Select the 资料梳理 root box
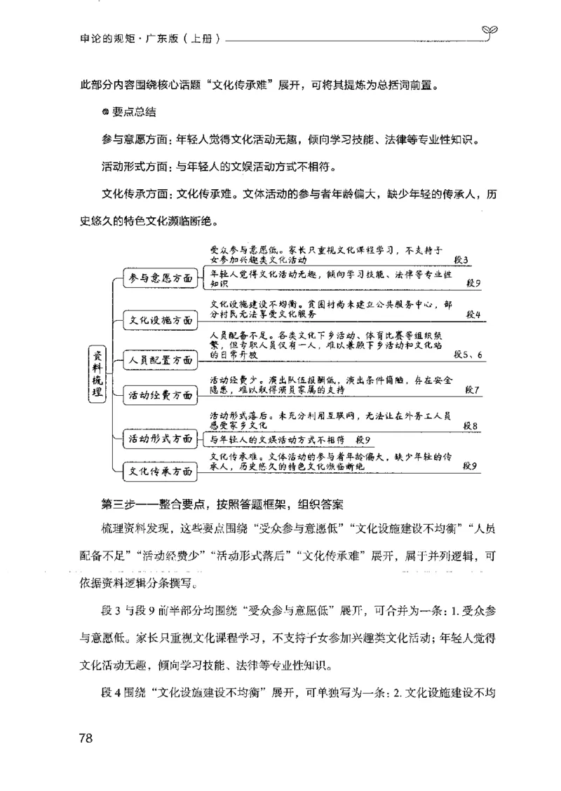pos(98,374)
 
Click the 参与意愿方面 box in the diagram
pos(159,278)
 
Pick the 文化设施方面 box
pos(159,320)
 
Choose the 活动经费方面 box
pos(159,396)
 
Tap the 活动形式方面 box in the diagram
pos(159,439)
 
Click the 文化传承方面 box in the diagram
pos(159,472)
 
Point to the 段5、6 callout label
pos(468,355)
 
